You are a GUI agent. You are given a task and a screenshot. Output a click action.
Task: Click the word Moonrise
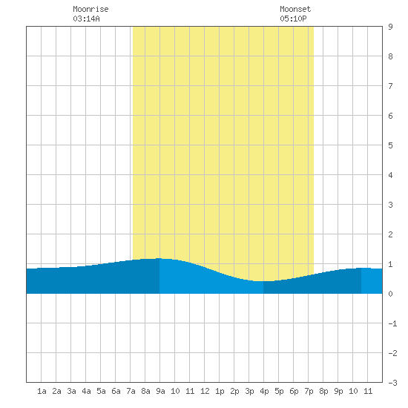(x=91, y=9)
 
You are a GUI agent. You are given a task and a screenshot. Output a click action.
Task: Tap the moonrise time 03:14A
(x=86, y=19)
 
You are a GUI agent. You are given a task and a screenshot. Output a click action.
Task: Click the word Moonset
(x=295, y=9)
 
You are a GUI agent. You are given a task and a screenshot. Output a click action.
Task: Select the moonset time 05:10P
(x=293, y=19)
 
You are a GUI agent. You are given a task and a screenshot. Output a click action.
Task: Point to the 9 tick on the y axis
(x=390, y=27)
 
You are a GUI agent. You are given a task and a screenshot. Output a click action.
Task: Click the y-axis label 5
(x=390, y=145)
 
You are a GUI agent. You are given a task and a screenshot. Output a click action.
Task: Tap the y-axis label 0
(x=390, y=294)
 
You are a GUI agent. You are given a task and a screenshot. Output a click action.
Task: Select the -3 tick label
(x=392, y=383)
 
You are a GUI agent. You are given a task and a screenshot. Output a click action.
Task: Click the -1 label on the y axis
(x=392, y=323)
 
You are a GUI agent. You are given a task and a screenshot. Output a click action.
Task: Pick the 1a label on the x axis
(x=42, y=391)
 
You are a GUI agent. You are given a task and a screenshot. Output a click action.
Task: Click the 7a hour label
(x=131, y=391)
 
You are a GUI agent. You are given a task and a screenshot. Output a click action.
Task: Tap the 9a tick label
(x=160, y=391)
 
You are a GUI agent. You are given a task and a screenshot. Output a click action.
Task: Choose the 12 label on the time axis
(x=205, y=391)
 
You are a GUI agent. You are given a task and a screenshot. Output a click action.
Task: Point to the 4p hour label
(x=264, y=391)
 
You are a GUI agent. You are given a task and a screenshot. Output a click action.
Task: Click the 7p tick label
(x=309, y=391)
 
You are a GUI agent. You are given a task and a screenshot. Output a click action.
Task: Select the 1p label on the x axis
(x=220, y=391)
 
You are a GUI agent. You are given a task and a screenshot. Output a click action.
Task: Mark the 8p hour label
(x=323, y=391)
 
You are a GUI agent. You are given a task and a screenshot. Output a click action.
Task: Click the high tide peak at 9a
(x=159, y=258)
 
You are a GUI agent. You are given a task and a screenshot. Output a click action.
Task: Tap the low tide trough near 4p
(x=263, y=281)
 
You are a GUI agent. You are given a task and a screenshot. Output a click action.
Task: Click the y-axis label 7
(x=390, y=86)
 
